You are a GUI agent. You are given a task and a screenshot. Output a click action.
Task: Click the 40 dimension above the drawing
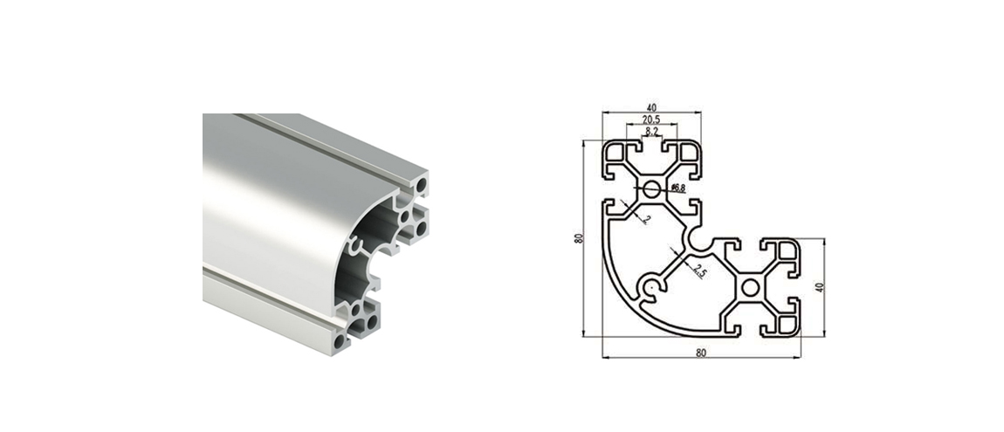(651, 107)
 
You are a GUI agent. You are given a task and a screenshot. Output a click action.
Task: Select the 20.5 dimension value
(651, 120)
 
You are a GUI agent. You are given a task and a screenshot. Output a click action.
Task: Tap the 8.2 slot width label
(652, 132)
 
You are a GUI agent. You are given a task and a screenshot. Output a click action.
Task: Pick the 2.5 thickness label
(699, 271)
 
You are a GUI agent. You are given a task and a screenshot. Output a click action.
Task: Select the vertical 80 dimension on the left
(579, 238)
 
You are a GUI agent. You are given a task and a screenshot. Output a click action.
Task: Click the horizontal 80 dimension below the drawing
(700, 353)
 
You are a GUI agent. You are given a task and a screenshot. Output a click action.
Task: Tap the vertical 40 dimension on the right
(819, 287)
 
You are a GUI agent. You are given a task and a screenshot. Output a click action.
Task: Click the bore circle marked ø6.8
(652, 189)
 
